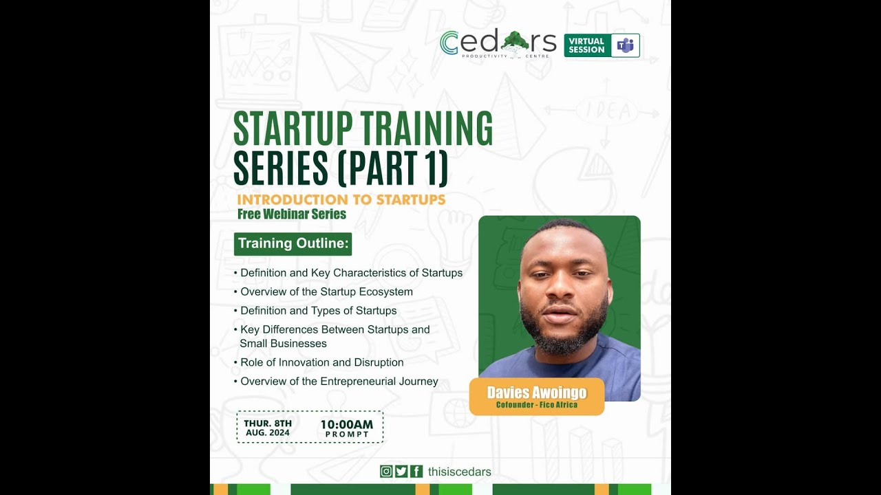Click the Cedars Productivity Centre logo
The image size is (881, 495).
click(x=498, y=44)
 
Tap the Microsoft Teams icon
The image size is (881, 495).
click(x=625, y=45)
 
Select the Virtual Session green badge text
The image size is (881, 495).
click(x=586, y=45)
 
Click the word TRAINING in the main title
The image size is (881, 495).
click(x=427, y=129)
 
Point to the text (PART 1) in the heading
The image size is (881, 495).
click(x=393, y=168)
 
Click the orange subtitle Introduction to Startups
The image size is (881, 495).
click(x=341, y=199)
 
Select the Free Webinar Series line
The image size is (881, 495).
click(x=292, y=214)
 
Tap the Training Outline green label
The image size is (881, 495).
click(x=293, y=243)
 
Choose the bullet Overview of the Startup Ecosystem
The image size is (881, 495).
click(x=326, y=291)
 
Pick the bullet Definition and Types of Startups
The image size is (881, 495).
click(x=318, y=311)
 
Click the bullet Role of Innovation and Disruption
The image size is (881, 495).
click(x=321, y=362)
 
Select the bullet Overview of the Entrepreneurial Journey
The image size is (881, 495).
click(x=339, y=382)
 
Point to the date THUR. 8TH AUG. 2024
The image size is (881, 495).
click(x=268, y=428)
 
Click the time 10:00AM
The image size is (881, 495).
click(x=347, y=424)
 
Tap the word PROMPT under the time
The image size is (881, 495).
click(x=347, y=434)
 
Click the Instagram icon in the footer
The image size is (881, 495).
click(x=386, y=472)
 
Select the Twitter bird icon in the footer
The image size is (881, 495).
click(x=401, y=472)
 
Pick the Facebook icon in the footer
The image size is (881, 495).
click(x=416, y=472)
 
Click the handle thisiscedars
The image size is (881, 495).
click(x=459, y=472)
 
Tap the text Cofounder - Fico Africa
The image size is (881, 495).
click(x=537, y=405)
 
